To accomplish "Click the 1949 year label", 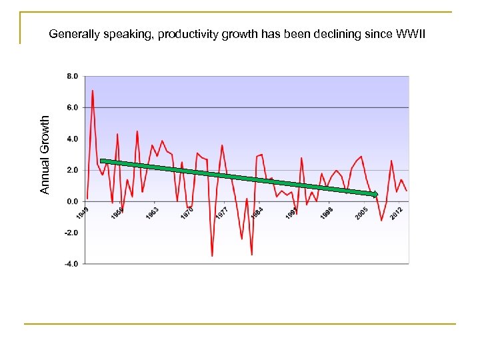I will pyautogui.click(x=81, y=214).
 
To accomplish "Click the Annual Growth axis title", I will pyautogui.click(x=45, y=155).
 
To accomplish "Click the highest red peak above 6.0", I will pyautogui.click(x=93, y=91).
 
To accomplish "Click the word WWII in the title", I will pyautogui.click(x=414, y=33).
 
